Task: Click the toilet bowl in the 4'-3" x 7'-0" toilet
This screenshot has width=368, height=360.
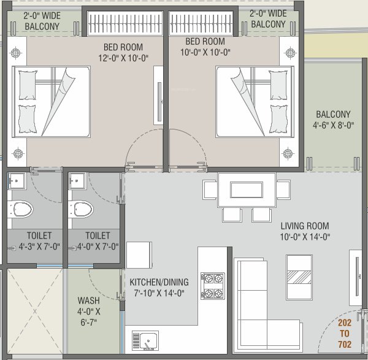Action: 22,210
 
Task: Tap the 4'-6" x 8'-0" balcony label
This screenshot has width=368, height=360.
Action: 333,120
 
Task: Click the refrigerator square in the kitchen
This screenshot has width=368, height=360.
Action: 139,255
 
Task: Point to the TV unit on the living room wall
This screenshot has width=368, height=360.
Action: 356,276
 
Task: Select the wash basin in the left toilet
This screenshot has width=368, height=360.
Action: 17,181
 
